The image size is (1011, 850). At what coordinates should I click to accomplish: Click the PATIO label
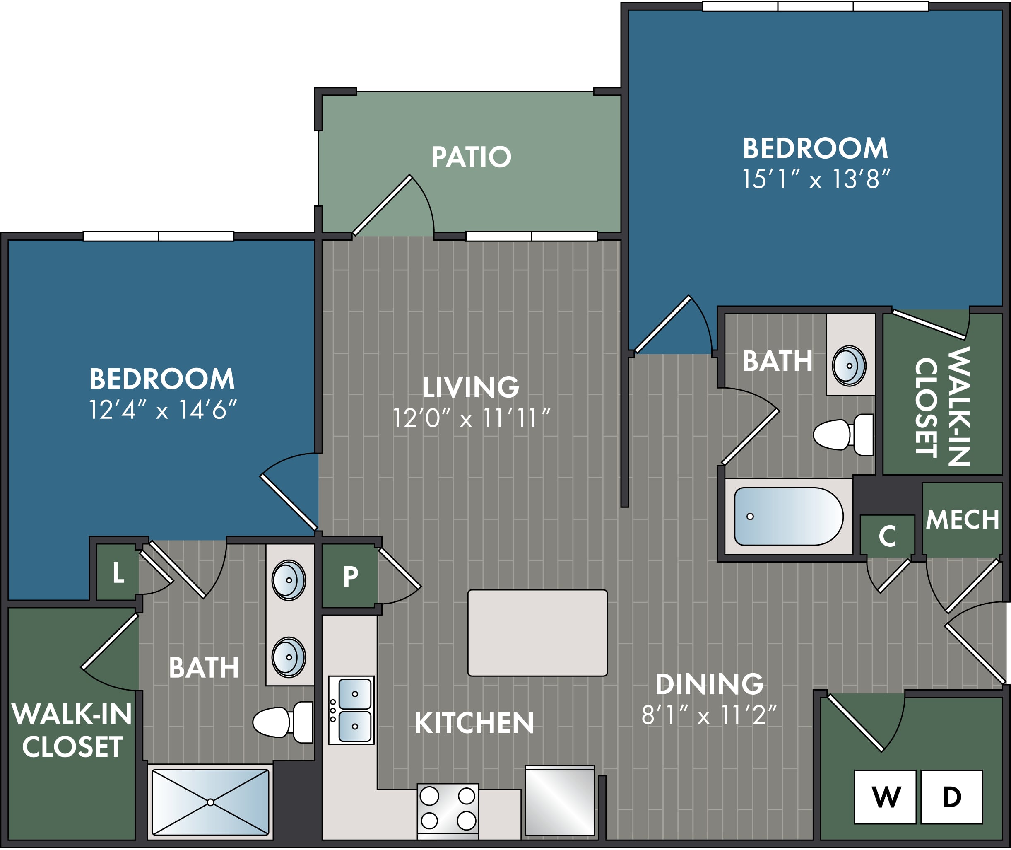[471, 157]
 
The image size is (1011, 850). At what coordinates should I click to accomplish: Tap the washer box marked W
[885, 797]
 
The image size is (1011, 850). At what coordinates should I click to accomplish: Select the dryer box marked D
[952, 797]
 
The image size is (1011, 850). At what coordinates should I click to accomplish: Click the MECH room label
[962, 519]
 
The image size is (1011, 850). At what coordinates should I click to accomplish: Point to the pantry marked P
[350, 576]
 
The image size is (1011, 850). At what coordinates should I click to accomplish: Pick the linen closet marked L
[118, 572]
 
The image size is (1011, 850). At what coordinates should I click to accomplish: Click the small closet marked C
[887, 536]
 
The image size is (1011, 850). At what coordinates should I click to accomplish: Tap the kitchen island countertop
[537, 633]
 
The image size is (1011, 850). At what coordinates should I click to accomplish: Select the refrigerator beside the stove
[560, 801]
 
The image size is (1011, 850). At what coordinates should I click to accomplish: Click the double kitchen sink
[351, 710]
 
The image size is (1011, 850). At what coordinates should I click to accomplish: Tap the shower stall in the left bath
[210, 802]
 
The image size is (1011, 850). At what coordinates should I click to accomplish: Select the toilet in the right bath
[843, 435]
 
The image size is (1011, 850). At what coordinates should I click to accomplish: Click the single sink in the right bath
[849, 366]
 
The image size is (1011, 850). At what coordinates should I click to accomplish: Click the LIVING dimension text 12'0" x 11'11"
[471, 418]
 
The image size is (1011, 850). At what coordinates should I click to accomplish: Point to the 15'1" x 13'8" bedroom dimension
[816, 179]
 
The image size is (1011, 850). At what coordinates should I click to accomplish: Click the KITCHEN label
[474, 723]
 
